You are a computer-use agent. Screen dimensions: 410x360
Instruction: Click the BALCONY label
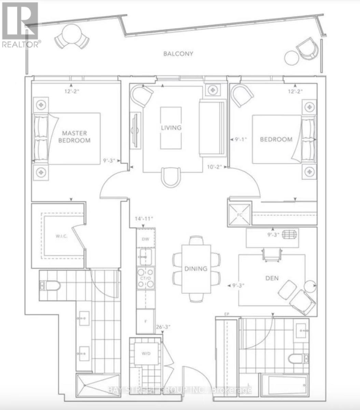point(178,54)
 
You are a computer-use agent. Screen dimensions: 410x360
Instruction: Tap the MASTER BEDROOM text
point(74,137)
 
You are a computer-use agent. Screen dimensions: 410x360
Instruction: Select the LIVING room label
point(171,127)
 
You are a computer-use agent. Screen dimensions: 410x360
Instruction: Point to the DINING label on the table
point(196,269)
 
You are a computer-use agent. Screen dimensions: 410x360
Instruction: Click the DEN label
point(272,278)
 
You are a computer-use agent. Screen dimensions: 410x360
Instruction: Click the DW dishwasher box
point(146,239)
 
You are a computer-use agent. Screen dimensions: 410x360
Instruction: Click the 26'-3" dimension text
point(163,327)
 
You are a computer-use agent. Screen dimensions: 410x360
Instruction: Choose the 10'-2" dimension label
point(215,167)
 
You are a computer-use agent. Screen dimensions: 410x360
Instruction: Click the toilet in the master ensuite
point(50,285)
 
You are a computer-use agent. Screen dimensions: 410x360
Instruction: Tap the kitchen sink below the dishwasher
point(146,255)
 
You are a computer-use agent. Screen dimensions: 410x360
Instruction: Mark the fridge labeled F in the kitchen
point(146,321)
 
